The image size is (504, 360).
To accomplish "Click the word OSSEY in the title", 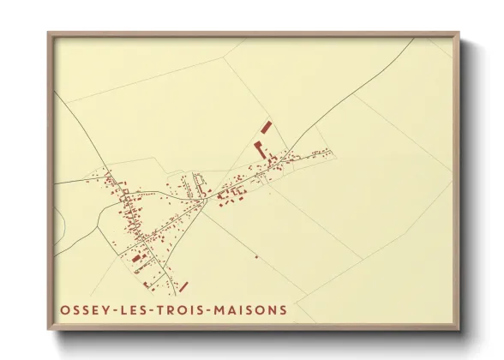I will click(82, 310).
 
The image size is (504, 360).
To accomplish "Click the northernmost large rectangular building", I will click(264, 127).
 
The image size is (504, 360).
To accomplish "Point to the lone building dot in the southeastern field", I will click(255, 256).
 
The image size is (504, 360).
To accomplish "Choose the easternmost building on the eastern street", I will click(330, 152).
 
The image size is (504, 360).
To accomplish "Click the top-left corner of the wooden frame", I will click(48, 33).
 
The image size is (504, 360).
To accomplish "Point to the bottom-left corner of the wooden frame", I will click(48, 329).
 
